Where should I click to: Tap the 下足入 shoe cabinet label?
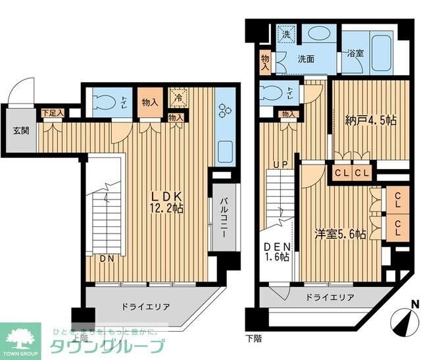coord(53,113)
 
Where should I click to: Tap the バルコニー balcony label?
coord(223,217)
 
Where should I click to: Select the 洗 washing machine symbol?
coord(286,34)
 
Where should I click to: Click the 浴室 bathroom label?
coord(355,53)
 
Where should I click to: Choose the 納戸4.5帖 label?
coord(370,121)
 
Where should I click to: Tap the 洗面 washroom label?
coord(306,59)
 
